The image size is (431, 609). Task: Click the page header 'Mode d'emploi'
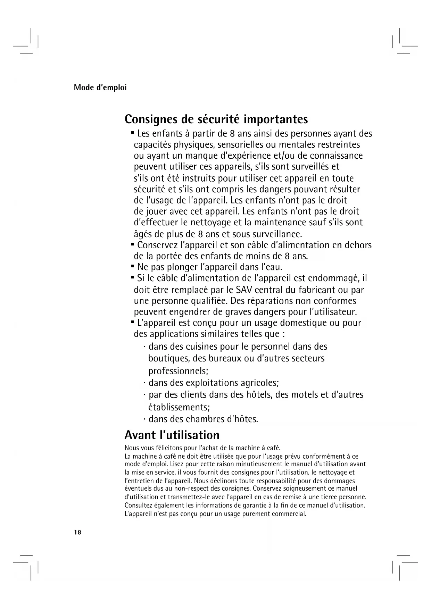[100, 87]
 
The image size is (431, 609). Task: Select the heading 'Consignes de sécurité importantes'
[216, 119]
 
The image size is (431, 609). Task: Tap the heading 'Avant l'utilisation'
[172, 435]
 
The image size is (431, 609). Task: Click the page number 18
[77, 533]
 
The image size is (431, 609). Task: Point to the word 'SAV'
[244, 290]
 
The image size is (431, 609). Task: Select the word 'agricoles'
[260, 383]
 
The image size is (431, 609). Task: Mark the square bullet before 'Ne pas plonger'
[133, 266]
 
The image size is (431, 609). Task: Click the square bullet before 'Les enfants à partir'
[133, 133]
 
